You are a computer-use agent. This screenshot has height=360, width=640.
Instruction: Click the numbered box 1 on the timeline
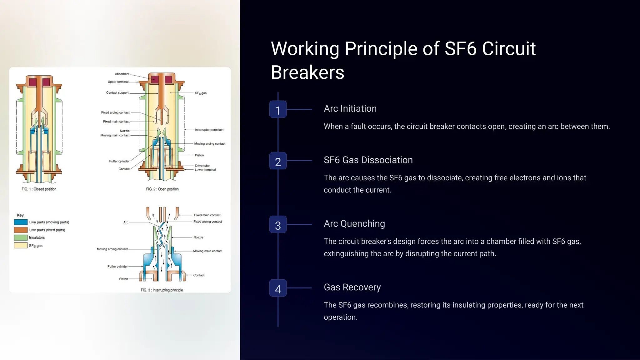click(x=278, y=109)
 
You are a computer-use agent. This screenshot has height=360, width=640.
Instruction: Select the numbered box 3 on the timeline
click(x=278, y=224)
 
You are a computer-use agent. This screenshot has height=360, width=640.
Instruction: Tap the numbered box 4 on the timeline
click(x=278, y=288)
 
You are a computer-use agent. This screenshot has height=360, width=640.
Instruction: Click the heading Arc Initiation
click(x=350, y=108)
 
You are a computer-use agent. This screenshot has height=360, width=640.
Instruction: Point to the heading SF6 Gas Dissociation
click(x=368, y=160)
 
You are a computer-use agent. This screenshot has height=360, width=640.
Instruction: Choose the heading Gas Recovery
click(x=352, y=287)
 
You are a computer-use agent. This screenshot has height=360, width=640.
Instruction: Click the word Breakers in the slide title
click(x=307, y=72)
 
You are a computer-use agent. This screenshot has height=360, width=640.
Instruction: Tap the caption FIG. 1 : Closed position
click(x=39, y=189)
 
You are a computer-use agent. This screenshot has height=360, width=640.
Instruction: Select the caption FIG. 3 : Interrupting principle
click(x=162, y=290)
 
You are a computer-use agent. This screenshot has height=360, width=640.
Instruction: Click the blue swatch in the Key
click(x=21, y=222)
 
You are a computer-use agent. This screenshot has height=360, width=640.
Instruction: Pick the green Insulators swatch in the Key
click(x=21, y=237)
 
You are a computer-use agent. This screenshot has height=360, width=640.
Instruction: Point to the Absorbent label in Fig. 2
click(x=122, y=74)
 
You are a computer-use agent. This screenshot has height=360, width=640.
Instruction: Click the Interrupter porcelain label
click(x=209, y=130)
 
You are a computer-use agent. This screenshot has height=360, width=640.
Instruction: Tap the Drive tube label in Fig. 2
click(x=202, y=166)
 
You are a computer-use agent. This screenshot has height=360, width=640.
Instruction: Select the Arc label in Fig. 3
click(x=126, y=222)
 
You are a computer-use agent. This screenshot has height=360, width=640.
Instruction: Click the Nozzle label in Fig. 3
click(x=198, y=237)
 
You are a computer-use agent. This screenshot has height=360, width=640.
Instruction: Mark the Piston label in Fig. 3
click(x=123, y=279)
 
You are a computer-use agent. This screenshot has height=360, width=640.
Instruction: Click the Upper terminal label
click(x=118, y=82)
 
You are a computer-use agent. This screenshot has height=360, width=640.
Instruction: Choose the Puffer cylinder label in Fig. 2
click(x=119, y=161)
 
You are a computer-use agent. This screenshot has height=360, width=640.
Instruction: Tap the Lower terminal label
click(x=205, y=170)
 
